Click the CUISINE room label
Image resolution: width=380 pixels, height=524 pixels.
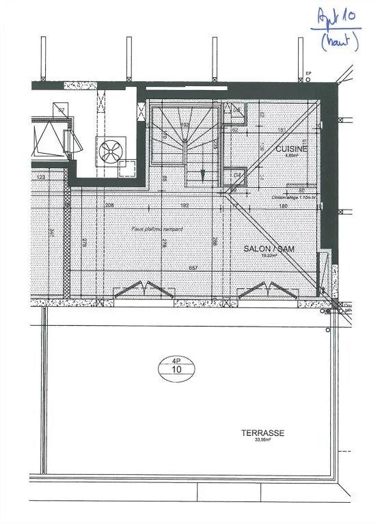click(x=291, y=148)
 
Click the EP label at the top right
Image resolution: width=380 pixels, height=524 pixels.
click(x=308, y=72)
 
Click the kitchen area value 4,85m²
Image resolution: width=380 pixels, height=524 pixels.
click(x=292, y=156)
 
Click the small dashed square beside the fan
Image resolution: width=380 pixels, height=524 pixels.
click(x=126, y=165)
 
